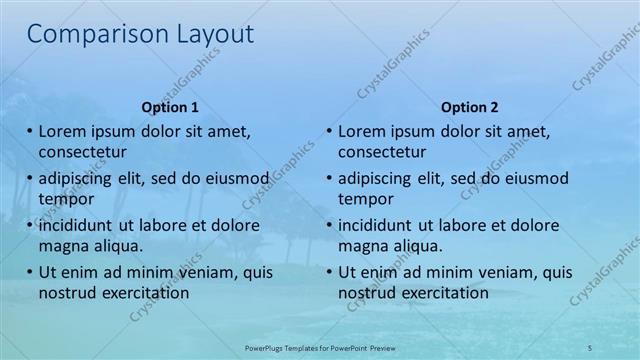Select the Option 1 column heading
170,107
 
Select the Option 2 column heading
469,107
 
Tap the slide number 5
590,346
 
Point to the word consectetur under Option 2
382,152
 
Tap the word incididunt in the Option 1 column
78,226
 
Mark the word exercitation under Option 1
144,293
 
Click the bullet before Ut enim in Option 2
329,273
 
